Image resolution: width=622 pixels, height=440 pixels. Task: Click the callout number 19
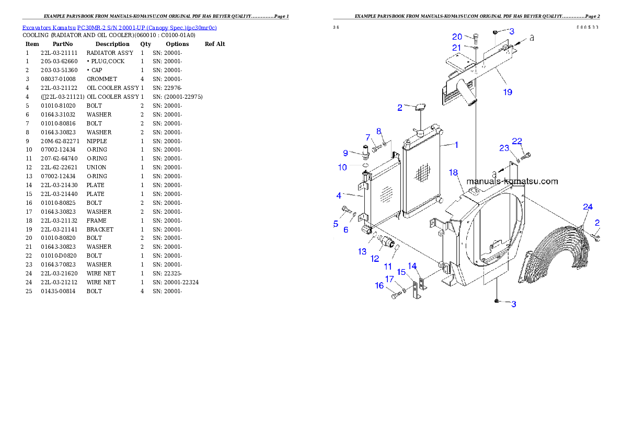pos(508,92)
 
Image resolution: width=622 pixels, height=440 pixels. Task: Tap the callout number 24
pos(588,207)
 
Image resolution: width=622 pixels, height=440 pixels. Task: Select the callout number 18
pos(453,172)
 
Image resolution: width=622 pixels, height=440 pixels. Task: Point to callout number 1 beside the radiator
pos(456,145)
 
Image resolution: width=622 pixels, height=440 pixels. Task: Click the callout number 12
pos(375,258)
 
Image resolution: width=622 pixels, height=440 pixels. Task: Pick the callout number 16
pos(379,285)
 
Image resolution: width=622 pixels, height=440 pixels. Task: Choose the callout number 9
pos(345,153)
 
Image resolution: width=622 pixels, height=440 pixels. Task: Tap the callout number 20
pos(457,37)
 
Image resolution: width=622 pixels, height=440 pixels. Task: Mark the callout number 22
pos(517,141)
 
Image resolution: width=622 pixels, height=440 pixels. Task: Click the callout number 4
pos(339,195)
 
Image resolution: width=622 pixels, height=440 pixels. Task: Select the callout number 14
pos(412,266)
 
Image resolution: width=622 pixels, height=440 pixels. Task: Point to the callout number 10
pos(342,167)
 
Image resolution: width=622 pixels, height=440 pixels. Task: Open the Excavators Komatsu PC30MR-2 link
pos(119,28)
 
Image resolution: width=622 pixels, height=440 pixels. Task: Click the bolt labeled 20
pos(476,38)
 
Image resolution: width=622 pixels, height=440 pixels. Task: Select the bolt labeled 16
pos(395,296)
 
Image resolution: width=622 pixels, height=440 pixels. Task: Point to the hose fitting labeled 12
pos(387,242)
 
